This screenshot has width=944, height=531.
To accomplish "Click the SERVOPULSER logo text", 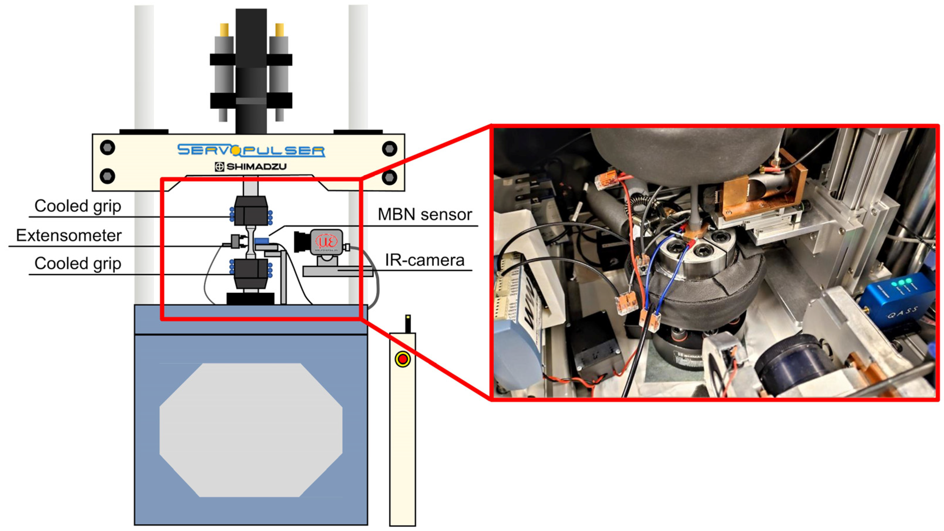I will pyautogui.click(x=251, y=150).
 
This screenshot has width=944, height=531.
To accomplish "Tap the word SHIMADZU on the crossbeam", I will pyautogui.click(x=256, y=167).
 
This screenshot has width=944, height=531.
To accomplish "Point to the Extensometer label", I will pyautogui.click(x=68, y=236).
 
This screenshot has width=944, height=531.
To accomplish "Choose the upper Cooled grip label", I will pyautogui.click(x=78, y=206).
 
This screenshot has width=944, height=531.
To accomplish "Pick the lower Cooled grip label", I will pyautogui.click(x=78, y=263).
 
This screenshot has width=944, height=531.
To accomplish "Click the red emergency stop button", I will pyautogui.click(x=403, y=359).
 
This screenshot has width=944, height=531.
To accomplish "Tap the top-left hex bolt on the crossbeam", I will pyautogui.click(x=107, y=148).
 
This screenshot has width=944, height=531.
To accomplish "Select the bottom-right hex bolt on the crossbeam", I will pyautogui.click(x=389, y=178).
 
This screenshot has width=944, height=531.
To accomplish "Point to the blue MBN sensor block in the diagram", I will pyautogui.click(x=262, y=241).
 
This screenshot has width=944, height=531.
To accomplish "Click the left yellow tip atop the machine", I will pyautogui.click(x=224, y=29).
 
